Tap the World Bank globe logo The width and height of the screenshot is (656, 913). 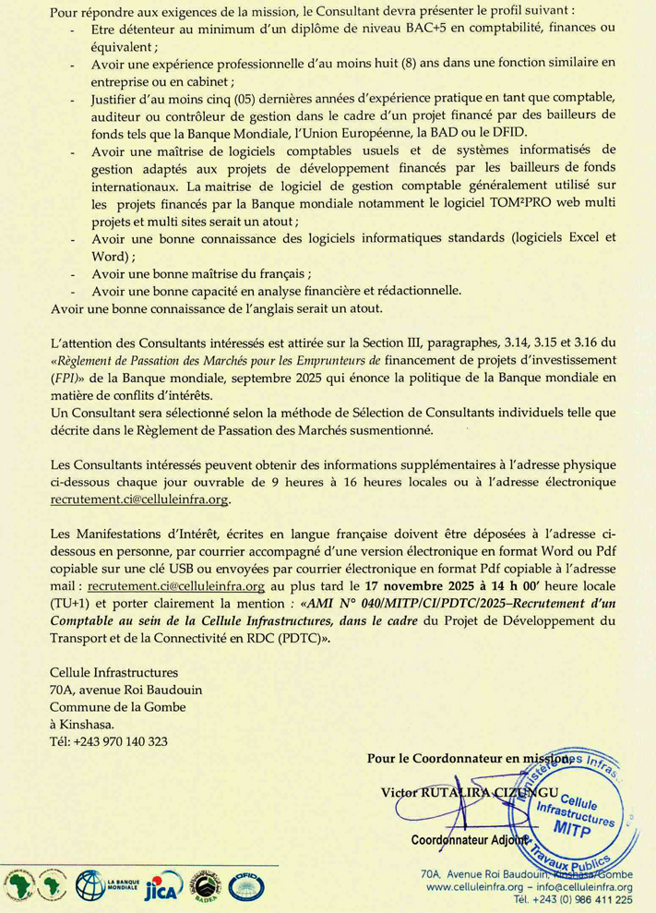click(x=91, y=885)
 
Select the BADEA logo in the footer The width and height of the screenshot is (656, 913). click(x=206, y=885)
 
